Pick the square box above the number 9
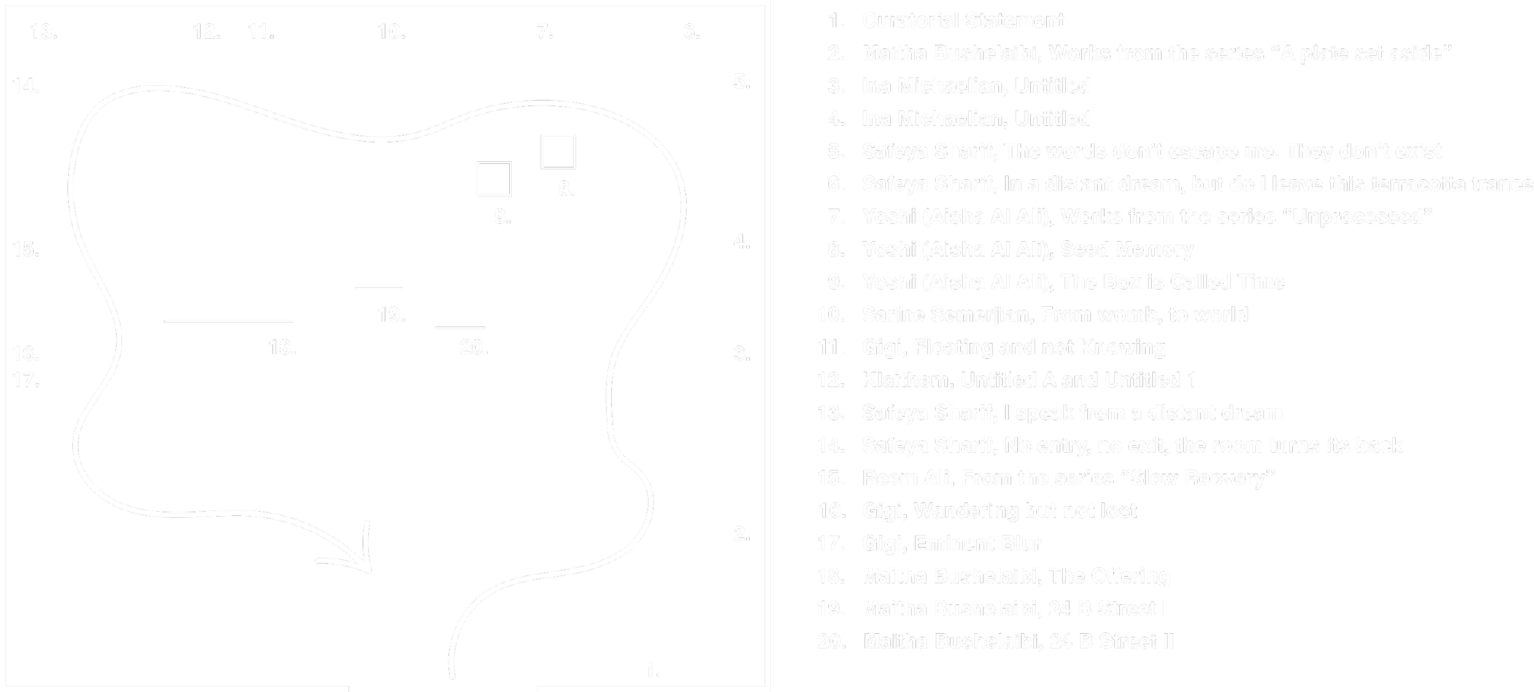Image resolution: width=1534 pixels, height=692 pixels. pos(494,179)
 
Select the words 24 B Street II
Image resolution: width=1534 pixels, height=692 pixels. pos(1111,641)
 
